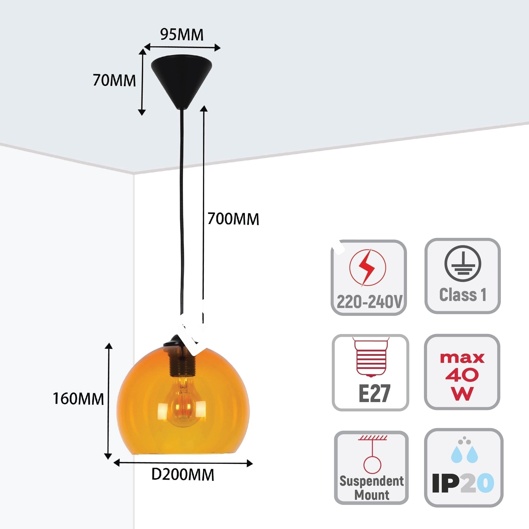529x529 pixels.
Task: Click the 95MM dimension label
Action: pos(182,35)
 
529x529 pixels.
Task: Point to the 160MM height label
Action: pos(78,399)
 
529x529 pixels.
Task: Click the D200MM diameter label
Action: pos(183,475)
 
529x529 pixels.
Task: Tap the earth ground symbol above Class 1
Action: pos(462,263)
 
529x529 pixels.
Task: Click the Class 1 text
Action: pos(463,295)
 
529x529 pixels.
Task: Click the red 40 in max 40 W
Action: pos(462,375)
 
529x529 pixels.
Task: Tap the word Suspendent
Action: pos(372,481)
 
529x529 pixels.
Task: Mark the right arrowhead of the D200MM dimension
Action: pos(249,463)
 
